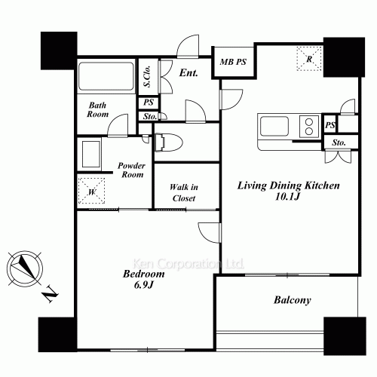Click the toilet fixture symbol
point(169,143)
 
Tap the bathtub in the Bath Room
point(106,76)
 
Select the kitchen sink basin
point(274,126)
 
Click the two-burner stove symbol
point(309,127)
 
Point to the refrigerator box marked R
point(309,59)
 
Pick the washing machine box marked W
point(91,191)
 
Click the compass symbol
point(25,268)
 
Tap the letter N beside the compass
point(50,293)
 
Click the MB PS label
point(233,62)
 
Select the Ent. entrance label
point(188,73)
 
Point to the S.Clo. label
point(147,76)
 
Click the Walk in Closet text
point(184,192)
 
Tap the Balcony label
point(293,300)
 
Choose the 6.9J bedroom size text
point(143,285)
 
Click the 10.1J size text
point(288,197)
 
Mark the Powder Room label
point(131,170)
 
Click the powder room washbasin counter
point(90,154)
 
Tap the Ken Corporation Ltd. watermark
point(188,264)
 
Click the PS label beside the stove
point(330,125)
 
